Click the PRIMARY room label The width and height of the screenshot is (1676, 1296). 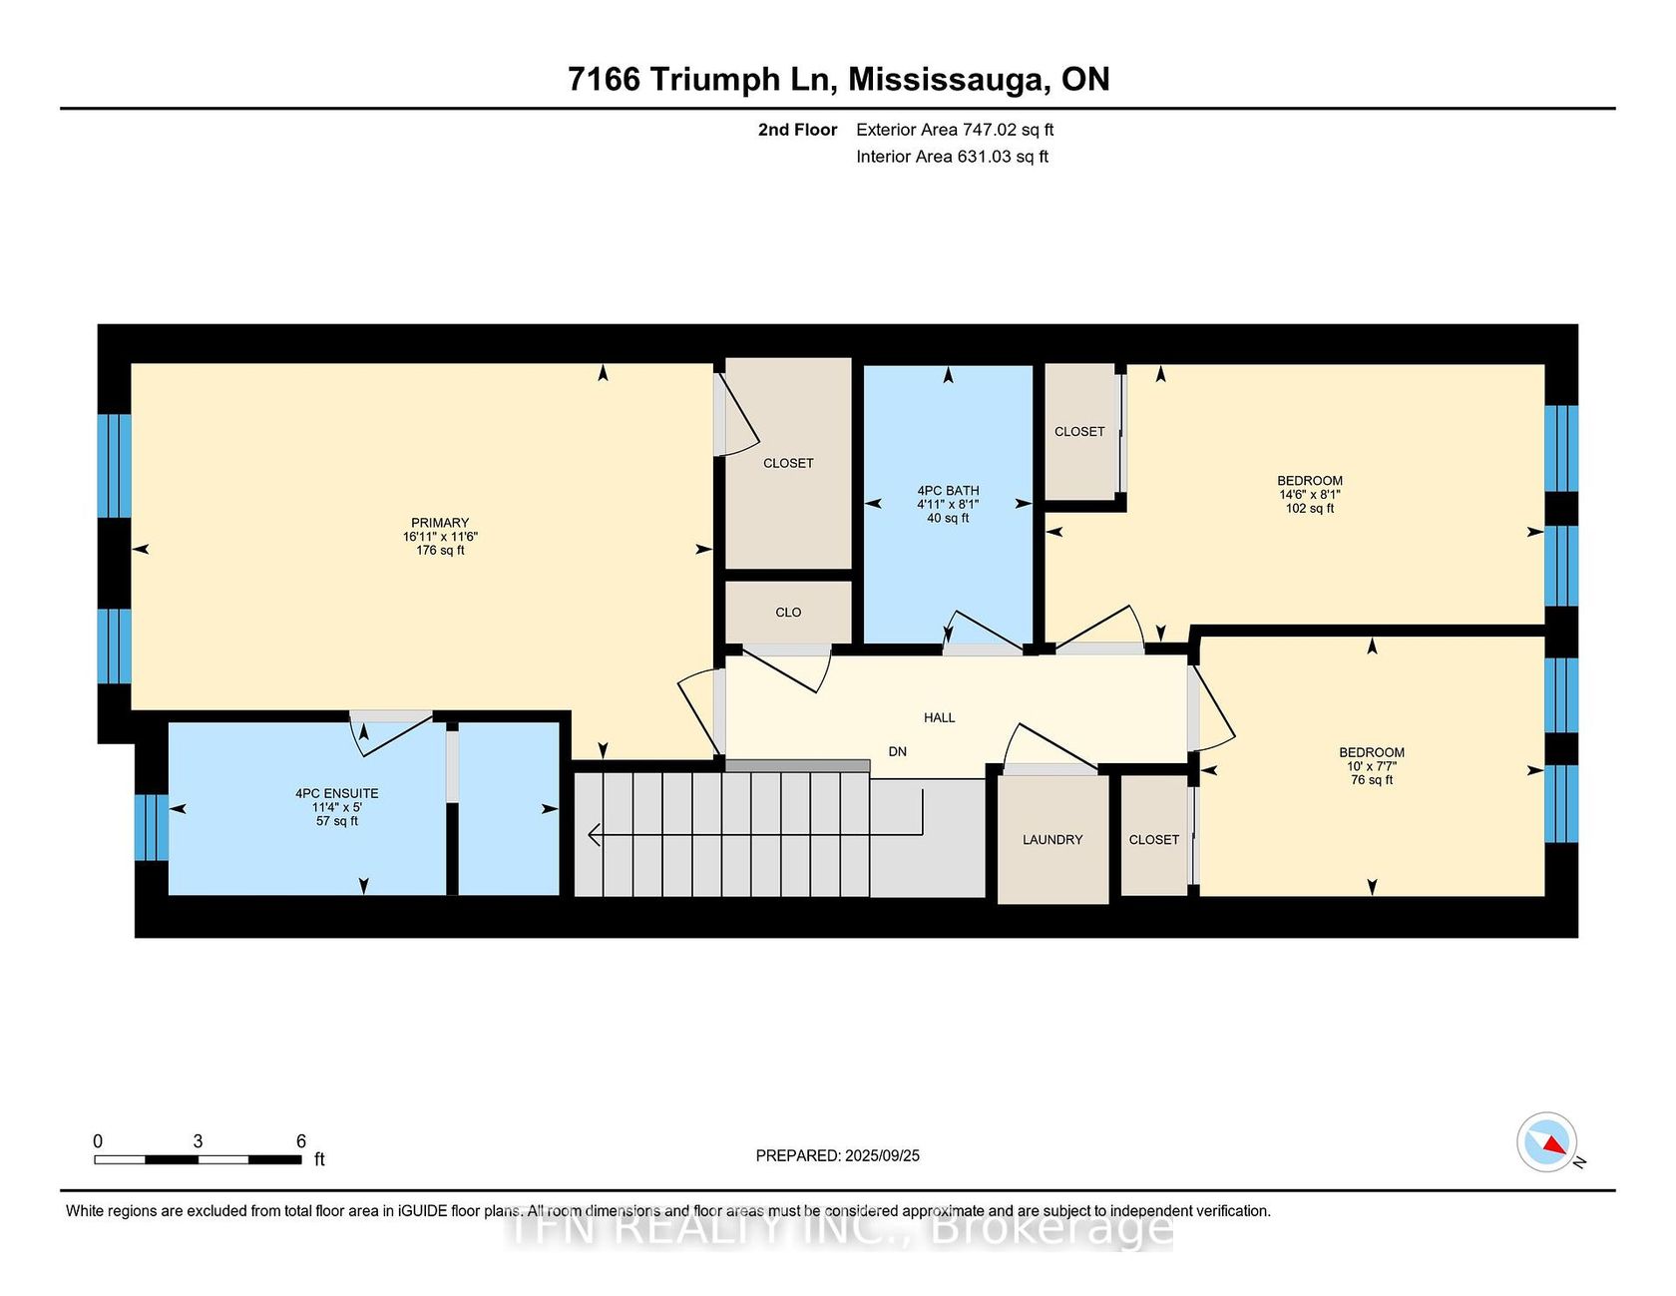tap(440, 523)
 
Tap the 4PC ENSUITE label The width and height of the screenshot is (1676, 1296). tap(337, 794)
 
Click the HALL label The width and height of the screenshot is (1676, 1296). tap(940, 717)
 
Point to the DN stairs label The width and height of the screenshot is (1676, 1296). tap(898, 751)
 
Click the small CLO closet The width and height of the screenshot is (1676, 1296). tap(788, 613)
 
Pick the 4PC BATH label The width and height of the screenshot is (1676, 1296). tap(948, 491)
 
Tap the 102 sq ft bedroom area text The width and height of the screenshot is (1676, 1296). tap(1310, 509)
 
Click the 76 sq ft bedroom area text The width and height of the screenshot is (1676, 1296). tap(1372, 780)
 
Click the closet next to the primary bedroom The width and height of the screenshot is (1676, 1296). tap(788, 463)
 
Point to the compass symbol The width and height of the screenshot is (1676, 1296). tap(1547, 1142)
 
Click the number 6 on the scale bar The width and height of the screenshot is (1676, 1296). tap(301, 1141)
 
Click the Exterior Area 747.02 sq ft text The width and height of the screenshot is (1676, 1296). tap(955, 130)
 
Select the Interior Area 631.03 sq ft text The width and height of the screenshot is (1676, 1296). tap(952, 157)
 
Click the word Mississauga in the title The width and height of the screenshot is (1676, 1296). tap(949, 80)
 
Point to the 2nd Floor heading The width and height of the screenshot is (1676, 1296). tap(797, 130)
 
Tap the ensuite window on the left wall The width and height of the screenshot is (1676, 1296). tap(152, 827)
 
